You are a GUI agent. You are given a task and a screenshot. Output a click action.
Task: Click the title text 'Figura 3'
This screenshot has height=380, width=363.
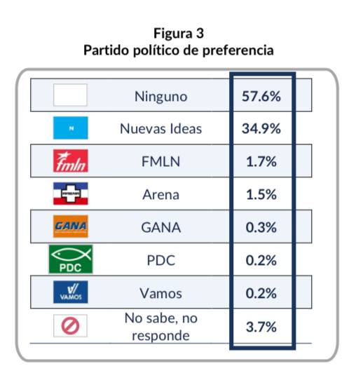(179, 33)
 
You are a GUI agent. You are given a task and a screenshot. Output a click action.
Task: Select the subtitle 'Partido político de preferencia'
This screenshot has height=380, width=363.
(179, 50)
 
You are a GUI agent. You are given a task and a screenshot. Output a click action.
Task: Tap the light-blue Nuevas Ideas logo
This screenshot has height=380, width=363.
(71, 128)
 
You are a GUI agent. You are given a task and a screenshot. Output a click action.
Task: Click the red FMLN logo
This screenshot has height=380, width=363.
(71, 161)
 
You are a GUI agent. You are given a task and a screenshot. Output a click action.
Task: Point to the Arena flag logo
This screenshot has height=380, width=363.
(71, 194)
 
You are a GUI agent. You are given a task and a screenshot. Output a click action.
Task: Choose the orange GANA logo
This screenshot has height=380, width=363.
(71, 226)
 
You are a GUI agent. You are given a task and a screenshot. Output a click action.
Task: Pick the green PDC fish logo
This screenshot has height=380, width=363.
(71, 259)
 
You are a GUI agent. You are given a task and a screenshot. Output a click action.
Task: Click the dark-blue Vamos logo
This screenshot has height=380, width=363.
(71, 292)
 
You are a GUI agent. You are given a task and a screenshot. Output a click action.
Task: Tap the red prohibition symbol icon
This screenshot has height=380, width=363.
(70, 326)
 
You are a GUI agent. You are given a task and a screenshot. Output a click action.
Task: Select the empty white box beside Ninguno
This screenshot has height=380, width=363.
(70, 95)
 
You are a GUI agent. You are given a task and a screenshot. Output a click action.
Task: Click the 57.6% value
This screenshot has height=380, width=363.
(261, 96)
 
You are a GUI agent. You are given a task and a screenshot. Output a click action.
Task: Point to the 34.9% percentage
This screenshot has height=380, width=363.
(261, 128)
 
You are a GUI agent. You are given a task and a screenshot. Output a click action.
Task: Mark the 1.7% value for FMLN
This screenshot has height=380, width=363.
(261, 162)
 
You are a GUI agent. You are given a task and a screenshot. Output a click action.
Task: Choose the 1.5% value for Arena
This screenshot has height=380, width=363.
(261, 195)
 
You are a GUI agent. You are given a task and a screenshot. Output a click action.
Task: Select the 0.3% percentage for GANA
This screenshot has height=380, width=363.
(261, 228)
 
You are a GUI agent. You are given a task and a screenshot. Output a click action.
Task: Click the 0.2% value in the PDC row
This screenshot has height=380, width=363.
(261, 261)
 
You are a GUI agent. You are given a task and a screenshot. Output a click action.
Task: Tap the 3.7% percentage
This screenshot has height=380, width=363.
(261, 327)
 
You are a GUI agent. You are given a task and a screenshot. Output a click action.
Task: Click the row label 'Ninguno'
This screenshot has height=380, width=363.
(161, 97)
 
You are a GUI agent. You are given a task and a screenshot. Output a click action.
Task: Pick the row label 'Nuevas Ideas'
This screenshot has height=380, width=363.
(161, 128)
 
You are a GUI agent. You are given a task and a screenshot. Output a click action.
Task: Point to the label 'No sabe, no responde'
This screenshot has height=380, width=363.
(161, 327)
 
